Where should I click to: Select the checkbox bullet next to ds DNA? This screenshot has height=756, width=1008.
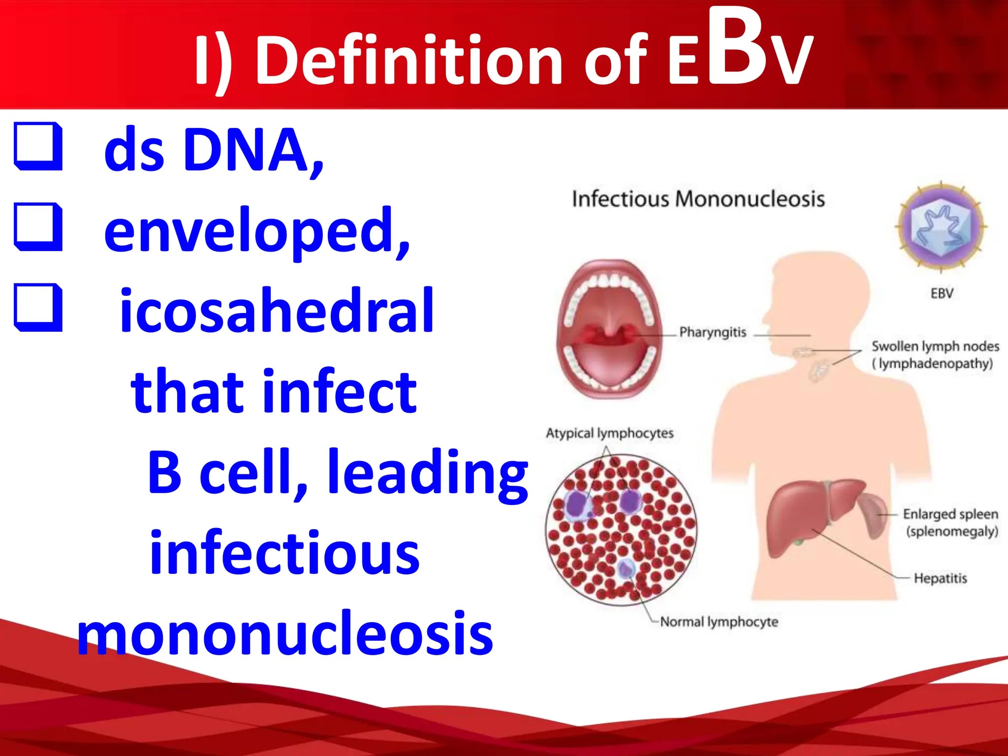(x=38, y=147)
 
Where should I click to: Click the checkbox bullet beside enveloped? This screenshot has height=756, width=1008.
(x=38, y=227)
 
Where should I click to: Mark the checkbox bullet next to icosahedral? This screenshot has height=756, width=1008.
(x=38, y=308)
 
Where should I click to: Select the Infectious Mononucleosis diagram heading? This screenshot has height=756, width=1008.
(x=698, y=199)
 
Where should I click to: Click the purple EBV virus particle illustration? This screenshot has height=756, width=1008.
(x=941, y=226)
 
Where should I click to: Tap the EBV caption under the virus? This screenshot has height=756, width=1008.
(x=942, y=294)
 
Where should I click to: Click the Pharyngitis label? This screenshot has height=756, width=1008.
(x=712, y=332)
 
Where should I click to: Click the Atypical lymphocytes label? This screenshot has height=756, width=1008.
(x=609, y=433)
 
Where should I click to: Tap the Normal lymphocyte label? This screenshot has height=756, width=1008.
(x=719, y=622)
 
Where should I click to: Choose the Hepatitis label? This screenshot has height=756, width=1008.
(x=940, y=578)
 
